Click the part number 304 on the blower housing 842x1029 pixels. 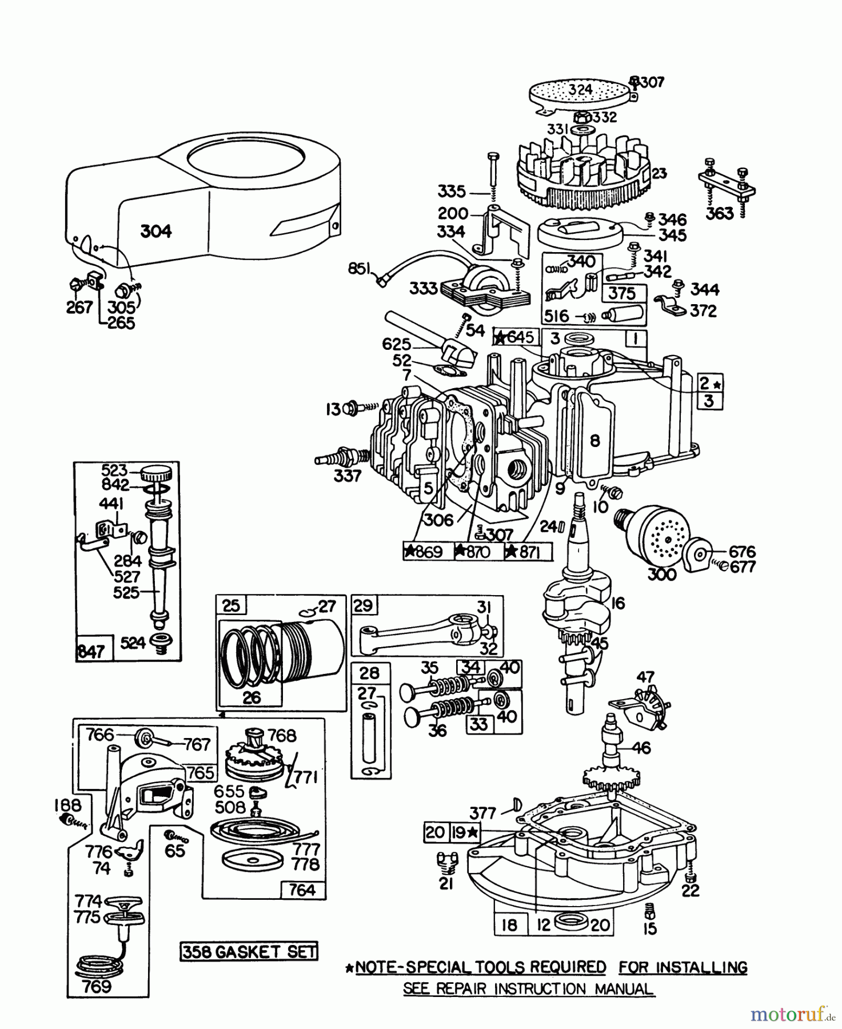tap(155, 232)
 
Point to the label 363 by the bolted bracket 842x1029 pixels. tap(719, 213)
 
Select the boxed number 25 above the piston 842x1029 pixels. tap(231, 605)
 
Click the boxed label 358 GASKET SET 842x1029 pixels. tap(249, 951)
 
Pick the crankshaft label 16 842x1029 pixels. tap(617, 603)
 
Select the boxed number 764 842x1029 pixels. tap(302, 890)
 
